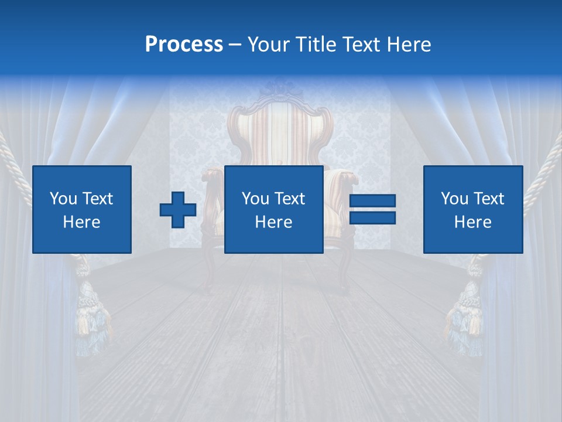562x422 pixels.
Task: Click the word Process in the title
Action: coord(184,45)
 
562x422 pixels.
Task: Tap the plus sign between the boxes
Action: coord(178,209)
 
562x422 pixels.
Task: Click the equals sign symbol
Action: coord(372,209)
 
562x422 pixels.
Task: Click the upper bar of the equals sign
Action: coord(372,201)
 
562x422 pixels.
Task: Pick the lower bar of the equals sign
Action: coord(372,217)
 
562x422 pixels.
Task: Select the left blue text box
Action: coord(82,209)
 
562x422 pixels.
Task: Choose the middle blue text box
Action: coord(274,209)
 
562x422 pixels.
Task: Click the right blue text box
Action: coord(473,209)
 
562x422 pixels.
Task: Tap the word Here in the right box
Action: coord(473,222)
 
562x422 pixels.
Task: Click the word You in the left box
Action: coord(63,199)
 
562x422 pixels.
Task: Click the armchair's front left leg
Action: coord(207,270)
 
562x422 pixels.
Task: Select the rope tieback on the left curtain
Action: coord(15,170)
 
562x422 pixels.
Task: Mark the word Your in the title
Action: coord(270,45)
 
